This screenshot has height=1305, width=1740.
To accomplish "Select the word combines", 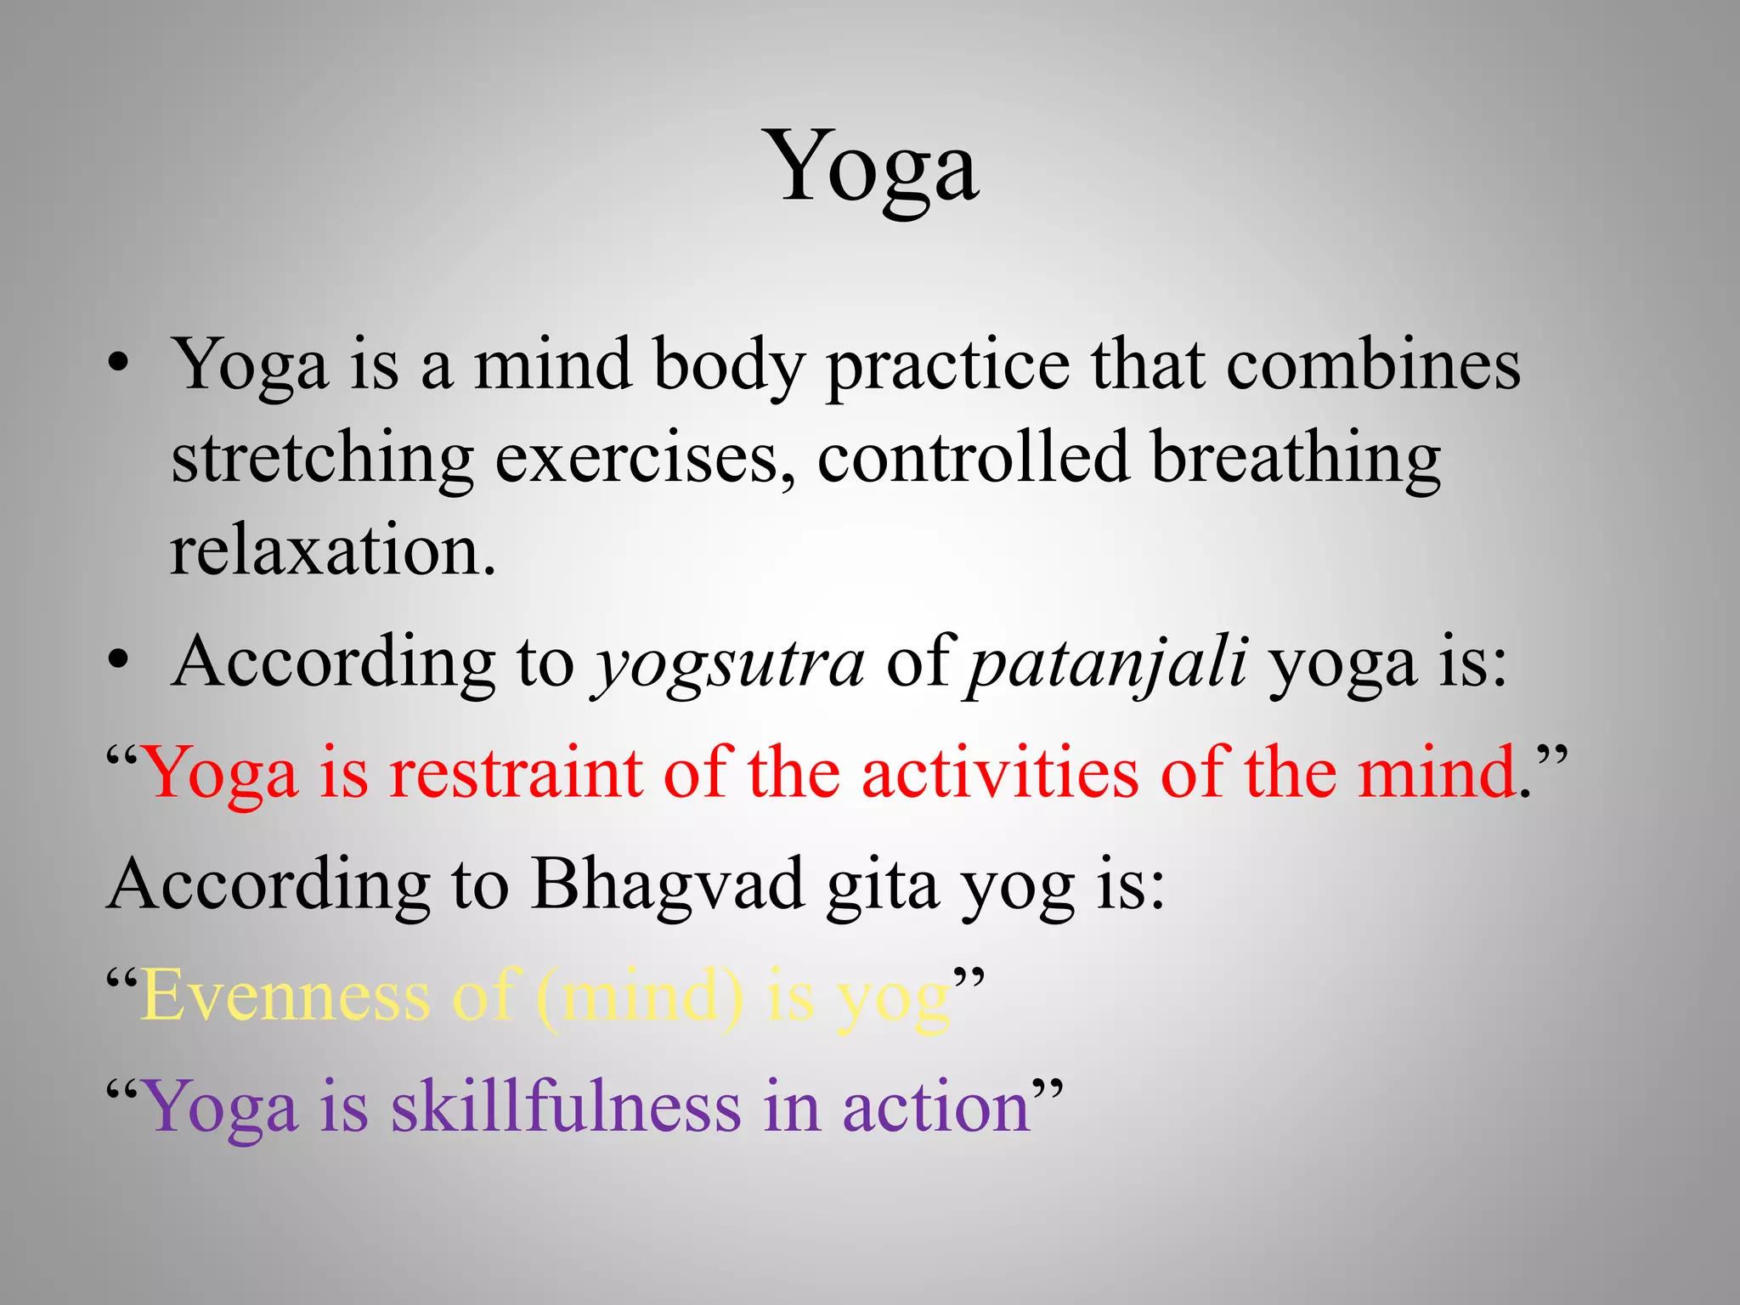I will point(1373,365).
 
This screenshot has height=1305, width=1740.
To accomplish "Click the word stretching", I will point(321,459).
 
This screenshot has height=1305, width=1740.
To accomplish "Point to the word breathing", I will point(1295,459).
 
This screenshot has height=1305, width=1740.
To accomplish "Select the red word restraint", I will point(515,773).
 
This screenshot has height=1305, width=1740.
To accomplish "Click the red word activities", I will point(999,773).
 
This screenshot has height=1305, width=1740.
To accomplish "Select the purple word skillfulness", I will point(565,1107).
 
